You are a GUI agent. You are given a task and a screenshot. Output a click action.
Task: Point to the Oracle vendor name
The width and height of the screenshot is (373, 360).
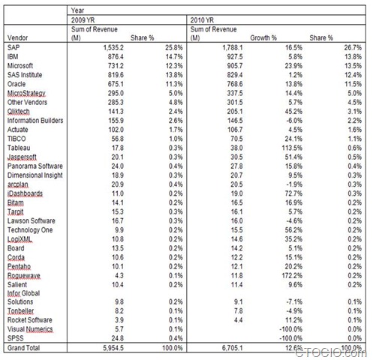tap(16, 86)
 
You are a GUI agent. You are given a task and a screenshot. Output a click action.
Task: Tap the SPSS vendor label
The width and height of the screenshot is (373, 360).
tap(14, 337)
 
